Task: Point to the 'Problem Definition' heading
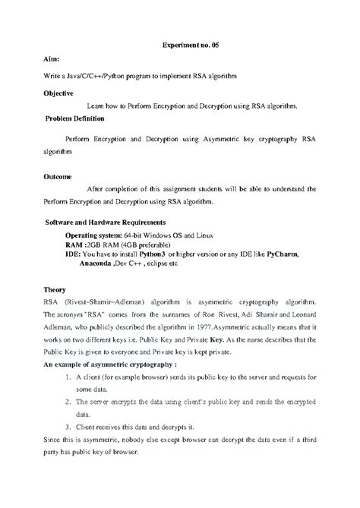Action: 74,119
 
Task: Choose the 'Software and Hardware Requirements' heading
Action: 105,222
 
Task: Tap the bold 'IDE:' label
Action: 73,255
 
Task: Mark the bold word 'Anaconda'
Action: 87,264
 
